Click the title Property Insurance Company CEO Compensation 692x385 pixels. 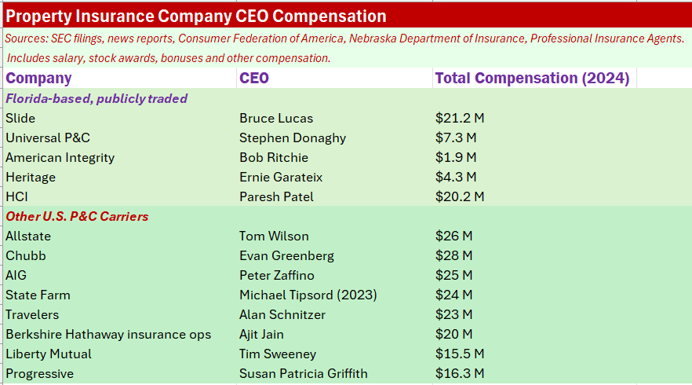tap(196, 16)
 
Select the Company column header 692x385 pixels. tap(38, 78)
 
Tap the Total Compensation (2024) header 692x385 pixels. tap(532, 78)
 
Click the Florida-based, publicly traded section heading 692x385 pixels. tap(97, 98)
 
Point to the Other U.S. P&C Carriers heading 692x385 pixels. tap(77, 216)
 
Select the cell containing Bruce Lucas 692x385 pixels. tap(276, 118)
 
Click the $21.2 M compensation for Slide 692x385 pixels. tap(460, 118)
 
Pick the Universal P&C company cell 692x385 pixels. tap(48, 137)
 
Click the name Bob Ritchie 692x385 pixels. tap(274, 157)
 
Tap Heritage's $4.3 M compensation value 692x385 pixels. tap(456, 177)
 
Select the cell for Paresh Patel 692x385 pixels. tap(276, 196)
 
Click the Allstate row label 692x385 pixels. tap(27, 236)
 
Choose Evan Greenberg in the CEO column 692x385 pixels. tap(286, 255)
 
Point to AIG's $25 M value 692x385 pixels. tap(453, 275)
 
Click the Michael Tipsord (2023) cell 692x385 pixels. tap(308, 295)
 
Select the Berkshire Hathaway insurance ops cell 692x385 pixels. tap(108, 334)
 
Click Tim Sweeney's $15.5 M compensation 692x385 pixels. tap(460, 354)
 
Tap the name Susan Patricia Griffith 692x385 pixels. tap(304, 373)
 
